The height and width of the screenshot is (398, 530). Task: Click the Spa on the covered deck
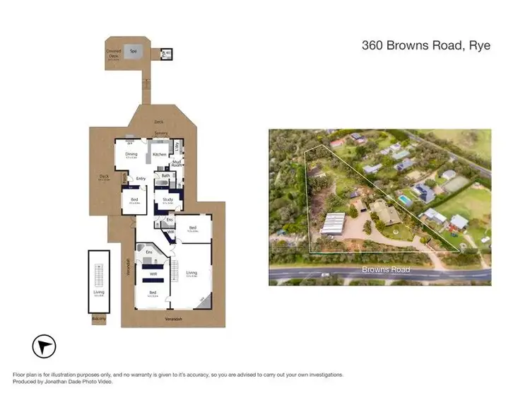[132, 50]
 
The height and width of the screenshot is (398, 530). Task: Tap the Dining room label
[131, 153]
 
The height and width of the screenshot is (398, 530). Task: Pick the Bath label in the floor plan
[165, 176]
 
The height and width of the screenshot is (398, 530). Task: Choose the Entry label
[141, 178]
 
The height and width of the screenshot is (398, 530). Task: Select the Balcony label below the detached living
[98, 319]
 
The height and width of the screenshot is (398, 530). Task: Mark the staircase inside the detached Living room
[99, 272]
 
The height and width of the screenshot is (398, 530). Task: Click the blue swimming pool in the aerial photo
[406, 200]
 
